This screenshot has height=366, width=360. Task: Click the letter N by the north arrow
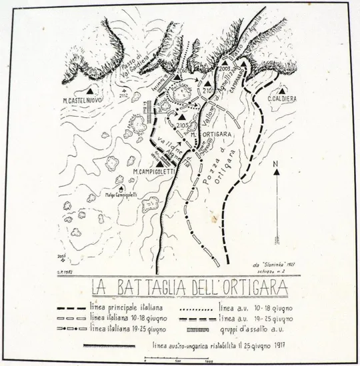click(280, 162)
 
